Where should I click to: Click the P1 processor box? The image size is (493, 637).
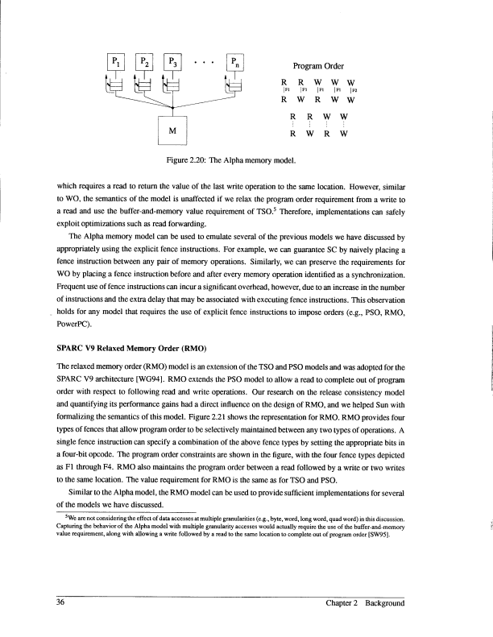(x=116, y=61)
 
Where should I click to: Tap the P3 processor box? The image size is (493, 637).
(x=172, y=61)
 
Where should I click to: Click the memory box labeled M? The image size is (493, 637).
(x=172, y=130)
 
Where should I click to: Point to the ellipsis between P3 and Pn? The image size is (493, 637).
(x=204, y=59)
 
